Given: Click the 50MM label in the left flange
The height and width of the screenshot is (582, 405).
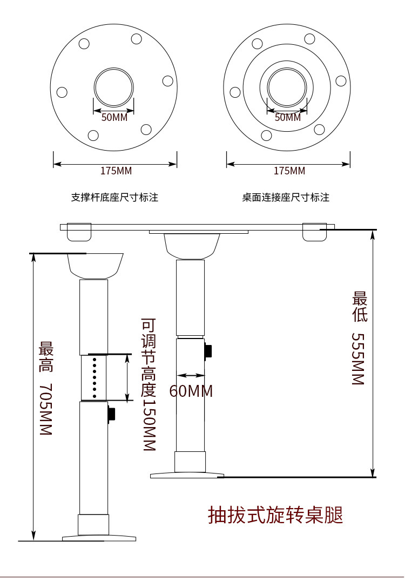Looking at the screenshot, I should coord(114,117).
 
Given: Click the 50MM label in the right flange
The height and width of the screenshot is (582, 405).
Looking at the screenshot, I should coord(288,117).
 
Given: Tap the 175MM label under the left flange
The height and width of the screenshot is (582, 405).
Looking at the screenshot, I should coord(116,171).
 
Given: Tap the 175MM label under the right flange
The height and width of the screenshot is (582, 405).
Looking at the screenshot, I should coord(289,171).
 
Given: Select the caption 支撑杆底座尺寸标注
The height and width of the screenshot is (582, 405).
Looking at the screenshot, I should coord(114,198).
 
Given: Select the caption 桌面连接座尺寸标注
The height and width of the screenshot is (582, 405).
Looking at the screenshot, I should coord(285,198).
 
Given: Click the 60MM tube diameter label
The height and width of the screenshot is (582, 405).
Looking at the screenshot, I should coord(191,391).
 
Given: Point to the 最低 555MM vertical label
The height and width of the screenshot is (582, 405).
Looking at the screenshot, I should coord(359,338).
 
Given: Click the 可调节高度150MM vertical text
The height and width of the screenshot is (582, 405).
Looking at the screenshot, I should coord(148,385).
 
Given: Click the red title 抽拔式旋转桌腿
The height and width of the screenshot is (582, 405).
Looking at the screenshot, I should coord(275,515).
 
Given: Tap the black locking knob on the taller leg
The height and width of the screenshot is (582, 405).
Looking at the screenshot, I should coord(112,414).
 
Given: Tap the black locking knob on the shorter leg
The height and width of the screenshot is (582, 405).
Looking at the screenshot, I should coord(208,351).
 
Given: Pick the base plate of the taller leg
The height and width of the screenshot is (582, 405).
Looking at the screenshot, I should coord(99,538).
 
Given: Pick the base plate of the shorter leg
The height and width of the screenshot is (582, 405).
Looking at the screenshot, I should coord(186,475).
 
